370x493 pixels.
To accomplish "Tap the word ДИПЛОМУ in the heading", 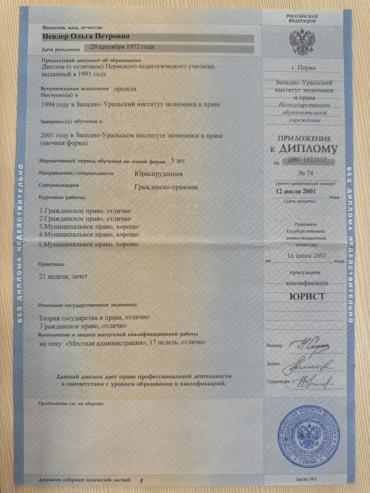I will click(308, 149).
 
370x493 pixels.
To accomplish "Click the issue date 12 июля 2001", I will click(296, 191).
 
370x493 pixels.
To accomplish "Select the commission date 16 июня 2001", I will click(306, 255).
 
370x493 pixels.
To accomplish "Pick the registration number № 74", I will click(306, 173).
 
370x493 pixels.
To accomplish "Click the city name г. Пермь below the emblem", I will click(304, 68).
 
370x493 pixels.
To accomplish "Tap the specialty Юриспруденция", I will click(159, 174).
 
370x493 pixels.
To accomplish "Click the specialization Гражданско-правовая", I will click(166, 187).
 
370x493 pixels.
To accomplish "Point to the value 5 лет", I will click(178, 161).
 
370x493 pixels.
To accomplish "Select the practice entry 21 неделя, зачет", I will click(63, 276).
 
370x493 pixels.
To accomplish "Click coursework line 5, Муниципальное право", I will click(89, 244).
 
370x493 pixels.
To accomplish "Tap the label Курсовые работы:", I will click(62, 198).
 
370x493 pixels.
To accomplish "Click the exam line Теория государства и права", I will click(94, 318).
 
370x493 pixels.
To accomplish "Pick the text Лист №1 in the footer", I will click(306, 479).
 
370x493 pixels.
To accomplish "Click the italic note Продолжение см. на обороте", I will click(71, 403).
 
